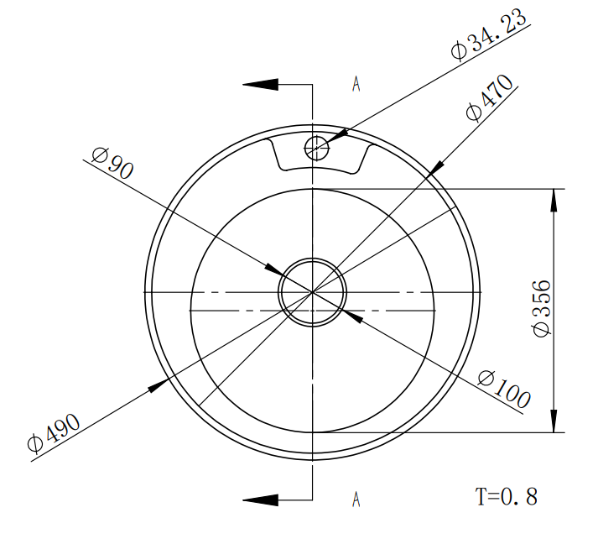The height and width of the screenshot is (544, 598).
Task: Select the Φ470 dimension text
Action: (x=490, y=97)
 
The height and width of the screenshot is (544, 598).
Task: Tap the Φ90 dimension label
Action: (x=113, y=164)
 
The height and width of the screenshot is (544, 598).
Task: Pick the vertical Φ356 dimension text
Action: (x=542, y=308)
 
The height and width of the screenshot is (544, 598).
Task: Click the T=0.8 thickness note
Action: (x=507, y=497)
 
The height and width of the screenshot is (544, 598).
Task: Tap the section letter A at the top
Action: (x=356, y=84)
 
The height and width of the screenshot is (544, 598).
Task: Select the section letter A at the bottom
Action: (x=356, y=499)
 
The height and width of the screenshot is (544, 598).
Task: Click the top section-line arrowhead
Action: (x=261, y=84)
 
